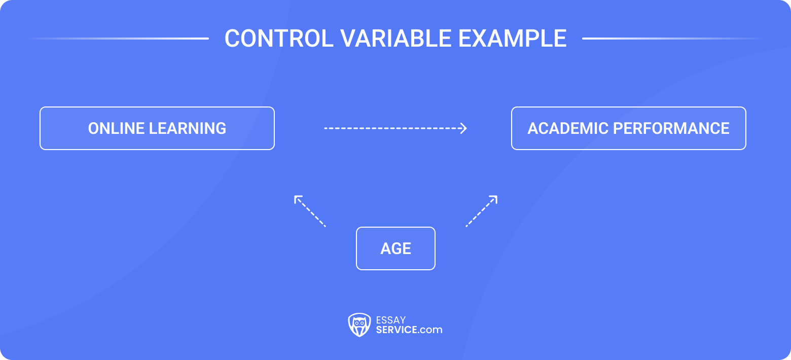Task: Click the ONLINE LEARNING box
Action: pyautogui.click(x=157, y=128)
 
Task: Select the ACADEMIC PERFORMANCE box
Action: pyautogui.click(x=628, y=128)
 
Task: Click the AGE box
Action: pyautogui.click(x=395, y=248)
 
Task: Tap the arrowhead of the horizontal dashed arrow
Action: pyautogui.click(x=463, y=128)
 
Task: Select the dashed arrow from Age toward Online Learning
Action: pyautogui.click(x=310, y=211)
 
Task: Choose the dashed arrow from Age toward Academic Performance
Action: pyautogui.click(x=482, y=211)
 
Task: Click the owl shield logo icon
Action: pyautogui.click(x=359, y=325)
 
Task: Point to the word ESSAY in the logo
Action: pyautogui.click(x=391, y=320)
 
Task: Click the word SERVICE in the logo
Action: pyautogui.click(x=397, y=330)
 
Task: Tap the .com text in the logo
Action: pyautogui.click(x=430, y=330)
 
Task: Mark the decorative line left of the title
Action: pyautogui.click(x=117, y=39)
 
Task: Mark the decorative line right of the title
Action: pyautogui.click(x=674, y=39)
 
